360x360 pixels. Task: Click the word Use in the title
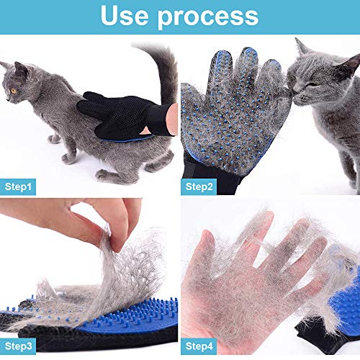tap(127, 16)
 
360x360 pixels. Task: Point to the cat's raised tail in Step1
tap(167, 72)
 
